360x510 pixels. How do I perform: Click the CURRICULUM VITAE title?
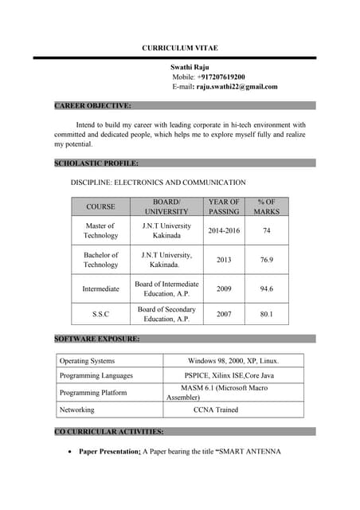tap(180, 49)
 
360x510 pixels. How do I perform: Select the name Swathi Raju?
tap(190, 68)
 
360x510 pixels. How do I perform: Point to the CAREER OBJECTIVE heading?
tap(92, 105)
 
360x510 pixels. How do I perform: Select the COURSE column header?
tap(100, 207)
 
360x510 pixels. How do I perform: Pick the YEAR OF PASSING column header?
tap(224, 207)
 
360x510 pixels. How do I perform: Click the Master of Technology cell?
tap(100, 231)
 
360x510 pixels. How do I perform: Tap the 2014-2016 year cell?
tap(224, 231)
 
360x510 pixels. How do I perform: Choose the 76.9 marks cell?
tap(267, 260)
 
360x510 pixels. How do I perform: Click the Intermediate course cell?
tap(100, 288)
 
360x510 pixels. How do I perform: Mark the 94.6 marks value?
tap(267, 288)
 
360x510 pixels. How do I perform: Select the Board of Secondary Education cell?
tap(166, 314)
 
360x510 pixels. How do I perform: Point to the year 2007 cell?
tap(224, 314)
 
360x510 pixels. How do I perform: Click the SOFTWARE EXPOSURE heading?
tap(96, 339)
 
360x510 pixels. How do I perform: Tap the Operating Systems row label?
tap(87, 361)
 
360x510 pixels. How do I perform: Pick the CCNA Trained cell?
tap(215, 410)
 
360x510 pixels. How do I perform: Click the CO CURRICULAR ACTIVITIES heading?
tap(108, 431)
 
